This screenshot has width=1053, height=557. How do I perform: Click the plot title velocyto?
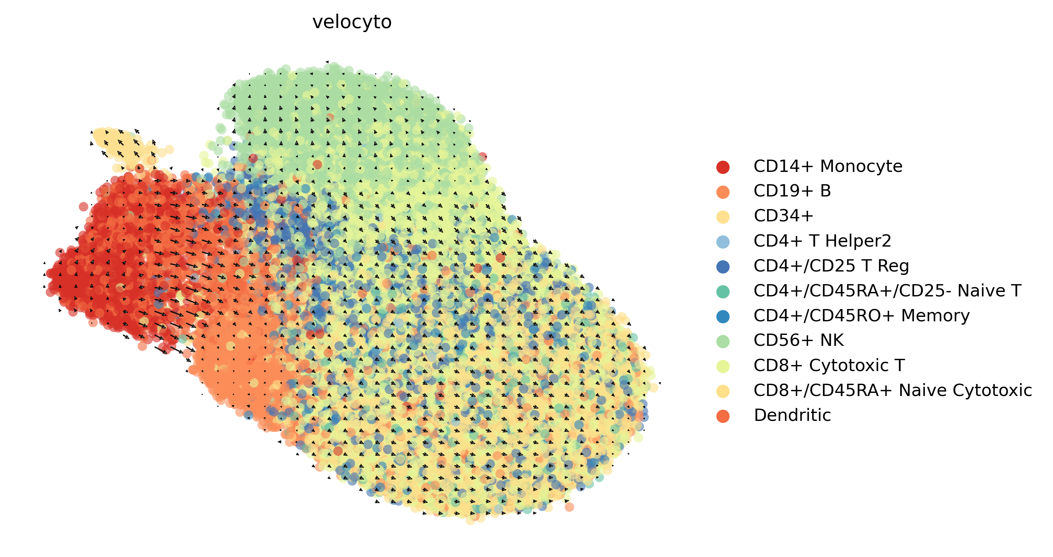coord(352,22)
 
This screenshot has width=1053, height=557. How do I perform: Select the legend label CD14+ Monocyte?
coord(828,166)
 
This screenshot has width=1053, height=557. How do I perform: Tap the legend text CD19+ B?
coord(792,191)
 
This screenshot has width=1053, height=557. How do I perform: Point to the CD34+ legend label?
coord(783,216)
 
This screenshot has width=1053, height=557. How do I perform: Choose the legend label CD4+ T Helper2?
coord(822,241)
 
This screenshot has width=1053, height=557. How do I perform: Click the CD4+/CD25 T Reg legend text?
coord(831,266)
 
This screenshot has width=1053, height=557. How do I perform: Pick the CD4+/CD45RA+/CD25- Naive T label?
coord(887,291)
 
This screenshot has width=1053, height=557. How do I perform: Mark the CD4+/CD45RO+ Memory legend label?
coord(861,316)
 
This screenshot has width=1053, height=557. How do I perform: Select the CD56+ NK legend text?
coord(798,340)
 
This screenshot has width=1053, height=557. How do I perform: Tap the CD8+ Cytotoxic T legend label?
coord(829,365)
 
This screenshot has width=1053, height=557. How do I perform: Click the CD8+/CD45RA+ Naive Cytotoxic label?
coord(892,390)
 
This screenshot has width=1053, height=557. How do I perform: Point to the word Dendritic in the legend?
coord(792,415)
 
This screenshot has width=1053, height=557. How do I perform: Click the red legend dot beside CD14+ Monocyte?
coord(723,167)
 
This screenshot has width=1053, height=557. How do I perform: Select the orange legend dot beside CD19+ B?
coord(723,192)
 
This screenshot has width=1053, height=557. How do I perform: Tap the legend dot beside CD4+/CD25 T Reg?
coord(723,266)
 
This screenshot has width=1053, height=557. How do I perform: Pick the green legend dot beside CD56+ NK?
coord(723,341)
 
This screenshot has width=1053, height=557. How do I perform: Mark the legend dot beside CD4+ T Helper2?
coord(723,241)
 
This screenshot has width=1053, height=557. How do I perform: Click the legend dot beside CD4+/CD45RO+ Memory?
coord(723,316)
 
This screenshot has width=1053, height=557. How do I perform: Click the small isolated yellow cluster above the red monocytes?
coord(123,145)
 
